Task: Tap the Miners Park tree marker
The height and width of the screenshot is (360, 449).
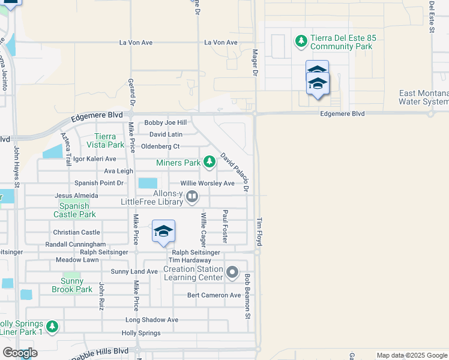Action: pyautogui.click(x=209, y=162)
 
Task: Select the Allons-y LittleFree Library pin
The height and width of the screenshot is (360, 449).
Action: pyautogui.click(x=192, y=196)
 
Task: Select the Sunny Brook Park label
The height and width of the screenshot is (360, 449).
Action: pyautogui.click(x=76, y=285)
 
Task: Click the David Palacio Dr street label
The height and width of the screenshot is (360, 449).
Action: pyautogui.click(x=235, y=172)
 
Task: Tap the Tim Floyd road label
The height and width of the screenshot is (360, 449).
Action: pyautogui.click(x=260, y=231)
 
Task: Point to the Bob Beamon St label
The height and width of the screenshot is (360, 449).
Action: pyautogui.click(x=247, y=293)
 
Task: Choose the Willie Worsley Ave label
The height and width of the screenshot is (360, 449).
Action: pyautogui.click(x=208, y=184)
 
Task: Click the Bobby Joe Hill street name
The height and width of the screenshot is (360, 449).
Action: pyautogui.click(x=165, y=123)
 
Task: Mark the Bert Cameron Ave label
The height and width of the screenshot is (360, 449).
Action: pyautogui.click(x=214, y=295)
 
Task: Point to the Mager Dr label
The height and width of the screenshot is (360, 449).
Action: pyautogui.click(x=255, y=62)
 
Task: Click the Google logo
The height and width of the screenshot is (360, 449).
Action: pyautogui.click(x=20, y=353)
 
